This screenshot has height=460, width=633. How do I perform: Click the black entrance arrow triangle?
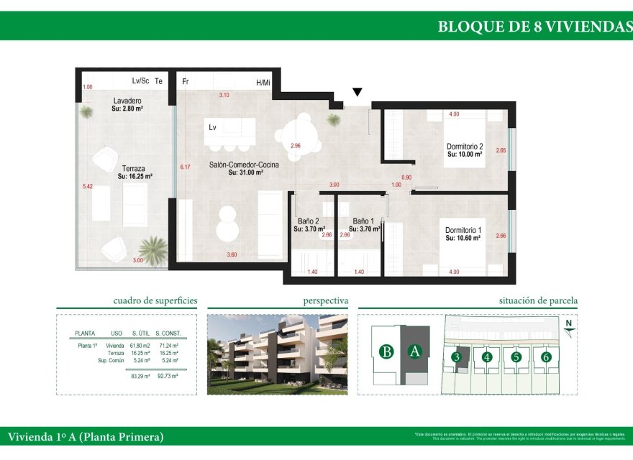tap(357, 93)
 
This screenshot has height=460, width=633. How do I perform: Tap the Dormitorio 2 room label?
tap(464, 147)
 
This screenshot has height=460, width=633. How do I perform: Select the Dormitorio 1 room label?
tap(463, 230)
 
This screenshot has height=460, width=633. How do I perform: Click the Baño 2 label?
tap(308, 221)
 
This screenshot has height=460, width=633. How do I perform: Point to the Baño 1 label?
tap(363, 221)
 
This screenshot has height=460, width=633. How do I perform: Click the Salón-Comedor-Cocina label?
tap(244, 165)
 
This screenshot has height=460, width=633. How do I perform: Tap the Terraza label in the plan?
tap(134, 168)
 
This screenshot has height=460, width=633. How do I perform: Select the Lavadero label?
tap(127, 101)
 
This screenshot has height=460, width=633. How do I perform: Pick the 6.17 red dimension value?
tap(185, 167)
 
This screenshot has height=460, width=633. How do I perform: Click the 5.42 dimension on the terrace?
tap(88, 185)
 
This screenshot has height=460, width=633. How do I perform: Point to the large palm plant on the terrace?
tap(152, 249)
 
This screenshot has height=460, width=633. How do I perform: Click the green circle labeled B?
tap(387, 351)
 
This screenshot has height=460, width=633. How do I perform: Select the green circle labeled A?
tap(414, 351)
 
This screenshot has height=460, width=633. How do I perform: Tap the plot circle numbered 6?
tap(546, 356)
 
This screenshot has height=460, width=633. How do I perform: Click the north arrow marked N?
tap(568, 328)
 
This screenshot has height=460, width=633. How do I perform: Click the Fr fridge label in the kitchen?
tap(186, 82)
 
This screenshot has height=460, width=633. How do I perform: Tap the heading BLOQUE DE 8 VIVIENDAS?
tap(534, 27)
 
